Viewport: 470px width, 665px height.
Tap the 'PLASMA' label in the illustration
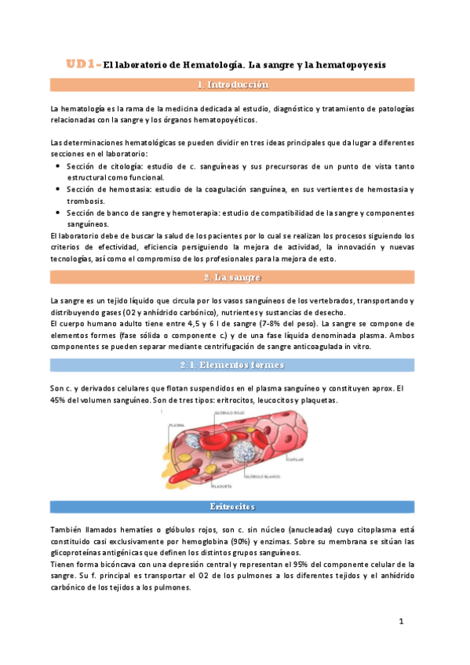[175, 426]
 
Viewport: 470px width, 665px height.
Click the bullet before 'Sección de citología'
[60, 167]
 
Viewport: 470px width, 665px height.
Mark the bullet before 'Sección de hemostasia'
[60, 190]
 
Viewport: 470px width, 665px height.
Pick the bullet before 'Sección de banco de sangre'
[60, 213]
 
